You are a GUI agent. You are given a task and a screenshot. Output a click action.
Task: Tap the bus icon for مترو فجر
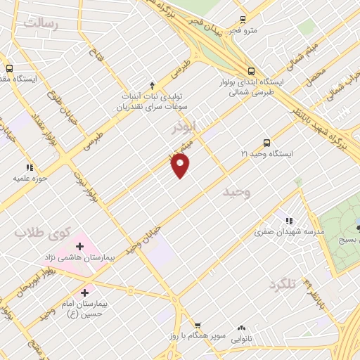click(x=243, y=20)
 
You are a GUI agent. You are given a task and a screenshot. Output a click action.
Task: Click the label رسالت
click(x=39, y=23)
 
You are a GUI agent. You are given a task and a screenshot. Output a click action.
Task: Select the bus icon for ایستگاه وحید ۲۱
click(x=266, y=142)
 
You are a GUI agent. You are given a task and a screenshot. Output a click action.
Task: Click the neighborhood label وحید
click(x=236, y=191)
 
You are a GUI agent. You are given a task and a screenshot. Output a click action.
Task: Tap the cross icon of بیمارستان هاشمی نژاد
click(x=79, y=247)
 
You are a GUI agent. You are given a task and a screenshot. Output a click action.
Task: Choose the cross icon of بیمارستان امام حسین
click(x=85, y=292)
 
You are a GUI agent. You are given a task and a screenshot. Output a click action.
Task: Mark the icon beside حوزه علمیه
click(x=30, y=167)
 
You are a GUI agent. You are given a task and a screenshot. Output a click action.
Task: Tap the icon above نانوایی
click(x=242, y=328)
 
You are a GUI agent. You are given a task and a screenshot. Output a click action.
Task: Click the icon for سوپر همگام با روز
click(x=198, y=326)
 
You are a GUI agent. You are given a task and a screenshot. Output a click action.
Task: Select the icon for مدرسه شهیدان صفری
click(x=287, y=219)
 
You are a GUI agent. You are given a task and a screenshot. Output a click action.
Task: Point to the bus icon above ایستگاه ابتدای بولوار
click(x=251, y=71)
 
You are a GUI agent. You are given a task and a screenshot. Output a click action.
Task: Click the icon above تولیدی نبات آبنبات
click(x=152, y=83)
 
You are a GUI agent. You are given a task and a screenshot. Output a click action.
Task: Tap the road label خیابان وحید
click(x=143, y=239)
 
